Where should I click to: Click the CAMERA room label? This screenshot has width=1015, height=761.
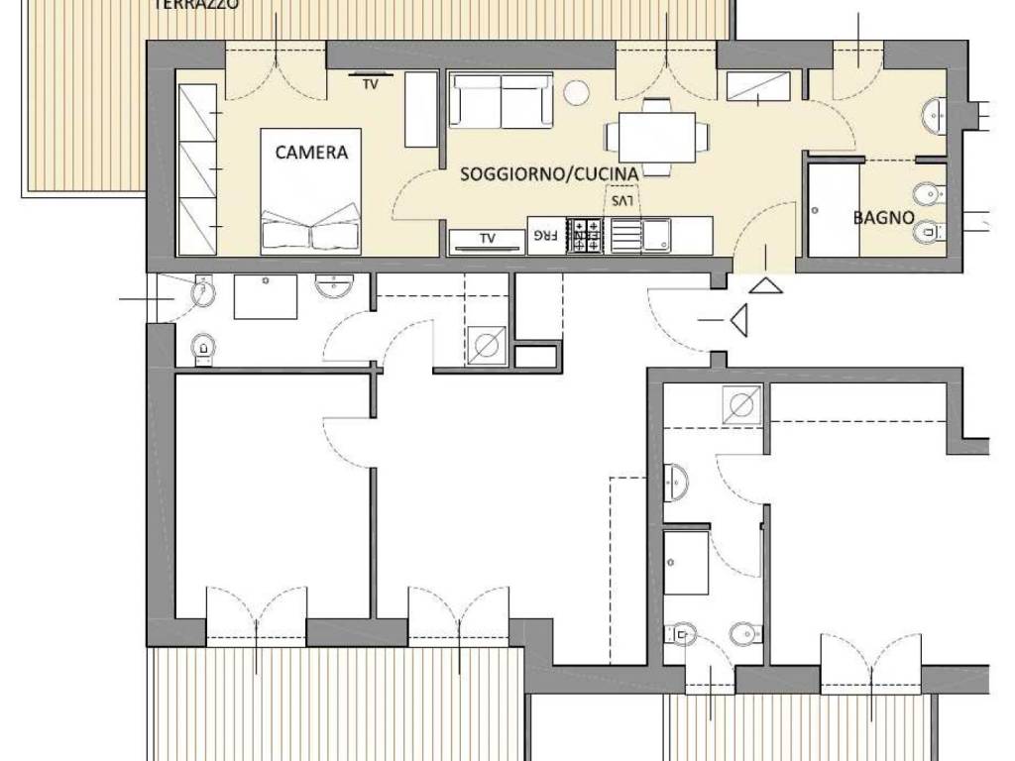[311, 153]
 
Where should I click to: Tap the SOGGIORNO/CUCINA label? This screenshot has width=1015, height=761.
[548, 173]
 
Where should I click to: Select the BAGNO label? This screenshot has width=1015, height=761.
[883, 217]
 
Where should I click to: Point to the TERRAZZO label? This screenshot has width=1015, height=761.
[196, 5]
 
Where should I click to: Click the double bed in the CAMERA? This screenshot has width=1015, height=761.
[311, 193]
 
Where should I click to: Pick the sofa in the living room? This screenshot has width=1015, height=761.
[501, 100]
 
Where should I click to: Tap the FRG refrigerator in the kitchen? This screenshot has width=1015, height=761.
[545, 236]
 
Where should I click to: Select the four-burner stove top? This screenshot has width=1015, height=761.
[585, 236]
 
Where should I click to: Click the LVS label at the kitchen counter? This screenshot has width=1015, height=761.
[621, 200]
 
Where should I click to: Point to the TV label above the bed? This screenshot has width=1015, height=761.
[370, 85]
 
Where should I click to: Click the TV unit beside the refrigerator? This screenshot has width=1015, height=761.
[487, 240]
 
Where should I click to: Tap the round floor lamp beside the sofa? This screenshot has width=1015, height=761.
[576, 93]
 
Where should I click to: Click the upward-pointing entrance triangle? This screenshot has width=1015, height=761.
[765, 285]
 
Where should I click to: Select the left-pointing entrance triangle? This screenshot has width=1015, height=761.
[737, 320]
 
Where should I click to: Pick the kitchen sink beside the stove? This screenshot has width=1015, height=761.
[655, 236]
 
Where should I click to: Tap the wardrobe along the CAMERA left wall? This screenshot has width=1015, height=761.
[197, 169]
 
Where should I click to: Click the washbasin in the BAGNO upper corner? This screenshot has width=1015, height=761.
[934, 116]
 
